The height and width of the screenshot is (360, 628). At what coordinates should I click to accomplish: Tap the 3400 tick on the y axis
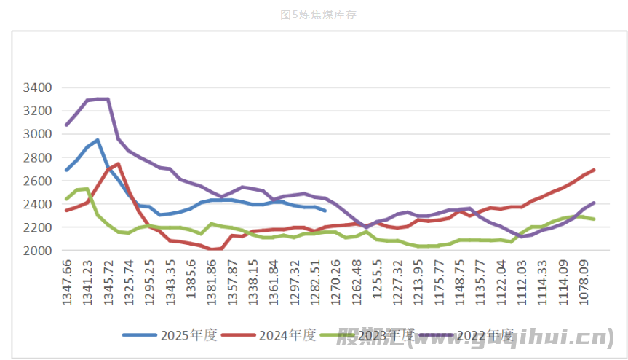[x=38, y=87]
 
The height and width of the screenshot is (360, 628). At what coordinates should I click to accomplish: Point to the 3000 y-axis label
[x=38, y=134]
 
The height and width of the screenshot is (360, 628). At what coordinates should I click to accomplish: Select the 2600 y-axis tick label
[x=38, y=181]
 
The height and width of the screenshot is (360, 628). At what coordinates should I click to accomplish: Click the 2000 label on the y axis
[x=38, y=251]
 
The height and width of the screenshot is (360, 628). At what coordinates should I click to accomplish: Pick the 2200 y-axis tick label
[x=38, y=227]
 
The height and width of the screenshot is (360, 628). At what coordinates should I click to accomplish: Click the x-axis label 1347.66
[x=67, y=281]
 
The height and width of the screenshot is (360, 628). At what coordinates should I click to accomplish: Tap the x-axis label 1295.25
[x=149, y=281]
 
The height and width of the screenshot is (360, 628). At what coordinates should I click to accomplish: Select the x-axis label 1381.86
[x=212, y=281]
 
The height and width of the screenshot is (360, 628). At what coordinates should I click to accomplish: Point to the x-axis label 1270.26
[x=336, y=281]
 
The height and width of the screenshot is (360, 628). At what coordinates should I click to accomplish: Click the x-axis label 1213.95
[x=418, y=281]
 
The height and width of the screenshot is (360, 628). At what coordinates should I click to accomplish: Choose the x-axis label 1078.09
[x=584, y=281]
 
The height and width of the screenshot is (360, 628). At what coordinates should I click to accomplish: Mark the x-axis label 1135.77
[x=481, y=281]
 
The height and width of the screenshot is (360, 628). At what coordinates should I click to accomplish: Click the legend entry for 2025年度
[x=170, y=335]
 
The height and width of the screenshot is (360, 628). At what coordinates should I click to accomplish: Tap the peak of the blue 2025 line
[x=98, y=140]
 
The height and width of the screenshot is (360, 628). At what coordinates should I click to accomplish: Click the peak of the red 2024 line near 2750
[x=118, y=163]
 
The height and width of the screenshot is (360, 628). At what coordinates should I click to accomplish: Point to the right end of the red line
[x=594, y=170]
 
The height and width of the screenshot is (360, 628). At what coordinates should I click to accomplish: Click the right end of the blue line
[x=325, y=211]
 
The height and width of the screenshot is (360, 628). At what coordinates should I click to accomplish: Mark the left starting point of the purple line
[x=66, y=125]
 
